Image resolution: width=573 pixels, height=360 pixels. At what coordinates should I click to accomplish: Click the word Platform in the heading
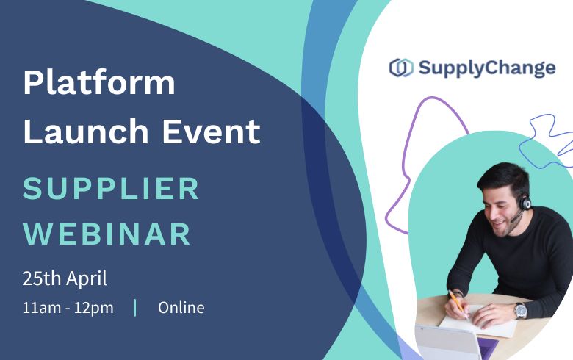point(99,84)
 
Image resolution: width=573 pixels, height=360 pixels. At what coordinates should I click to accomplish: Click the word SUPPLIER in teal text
point(111,189)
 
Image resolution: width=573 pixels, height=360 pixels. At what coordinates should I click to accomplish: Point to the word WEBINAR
point(107,234)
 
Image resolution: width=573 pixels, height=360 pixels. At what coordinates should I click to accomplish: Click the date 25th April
point(65,278)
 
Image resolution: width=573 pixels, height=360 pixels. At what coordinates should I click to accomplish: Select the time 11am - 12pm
point(68,307)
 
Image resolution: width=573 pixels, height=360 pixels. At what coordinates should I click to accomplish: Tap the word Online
point(181,307)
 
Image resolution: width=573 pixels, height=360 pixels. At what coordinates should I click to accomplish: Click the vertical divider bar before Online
point(135,307)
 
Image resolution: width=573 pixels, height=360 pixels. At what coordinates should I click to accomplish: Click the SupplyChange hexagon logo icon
point(400,68)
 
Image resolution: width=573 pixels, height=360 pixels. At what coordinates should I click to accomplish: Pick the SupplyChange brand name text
point(487,68)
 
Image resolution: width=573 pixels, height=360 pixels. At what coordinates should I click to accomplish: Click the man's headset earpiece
point(526,202)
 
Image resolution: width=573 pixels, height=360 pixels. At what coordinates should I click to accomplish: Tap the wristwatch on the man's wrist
point(520,310)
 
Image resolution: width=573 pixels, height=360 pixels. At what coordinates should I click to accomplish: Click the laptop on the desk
point(448,342)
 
